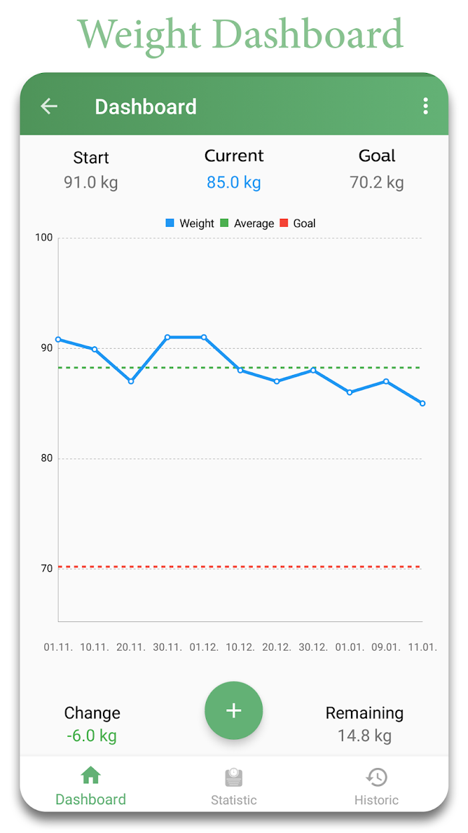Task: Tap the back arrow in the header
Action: click(49, 106)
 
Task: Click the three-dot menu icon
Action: click(425, 106)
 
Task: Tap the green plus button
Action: click(233, 710)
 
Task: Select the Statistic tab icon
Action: click(233, 777)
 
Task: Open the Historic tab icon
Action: click(376, 777)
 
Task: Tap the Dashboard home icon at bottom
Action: click(90, 776)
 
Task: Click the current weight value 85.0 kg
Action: click(233, 182)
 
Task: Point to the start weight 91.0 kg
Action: click(91, 182)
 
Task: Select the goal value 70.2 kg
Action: click(376, 182)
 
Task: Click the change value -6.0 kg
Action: click(92, 736)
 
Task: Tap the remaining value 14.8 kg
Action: click(364, 736)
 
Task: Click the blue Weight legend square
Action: click(170, 223)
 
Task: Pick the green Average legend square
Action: click(225, 223)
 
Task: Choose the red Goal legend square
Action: click(284, 223)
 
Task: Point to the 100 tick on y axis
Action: click(45, 238)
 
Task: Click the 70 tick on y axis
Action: click(46, 569)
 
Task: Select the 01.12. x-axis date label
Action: click(204, 648)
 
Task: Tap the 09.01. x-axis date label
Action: click(386, 648)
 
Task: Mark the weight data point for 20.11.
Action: click(131, 381)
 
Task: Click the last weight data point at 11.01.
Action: click(423, 403)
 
